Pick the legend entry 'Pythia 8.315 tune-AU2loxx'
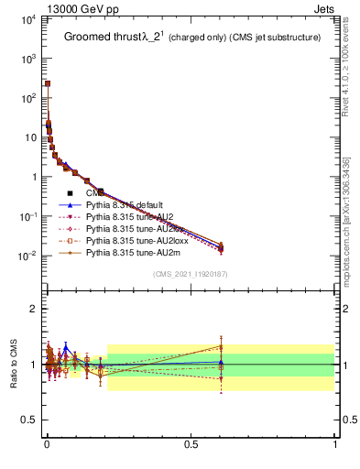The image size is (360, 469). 136,239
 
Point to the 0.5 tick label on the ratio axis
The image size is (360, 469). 27,420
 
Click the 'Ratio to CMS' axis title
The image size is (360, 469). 13,364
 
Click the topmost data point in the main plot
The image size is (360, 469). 47,83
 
